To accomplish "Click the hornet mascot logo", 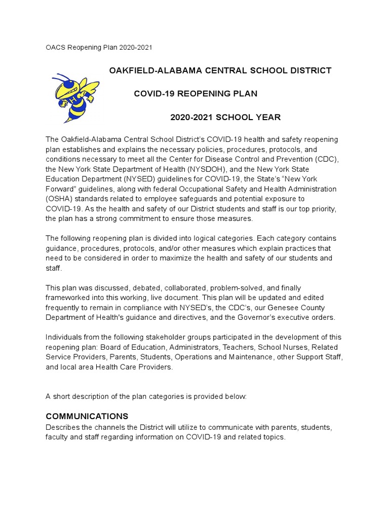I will tap(76, 97).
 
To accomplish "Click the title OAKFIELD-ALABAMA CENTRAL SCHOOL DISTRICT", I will tap(220, 70).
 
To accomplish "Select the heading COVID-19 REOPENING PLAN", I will tap(196, 94).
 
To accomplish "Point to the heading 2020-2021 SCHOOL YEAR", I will tap(225, 118).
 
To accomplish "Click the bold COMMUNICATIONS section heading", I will tap(87, 417).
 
